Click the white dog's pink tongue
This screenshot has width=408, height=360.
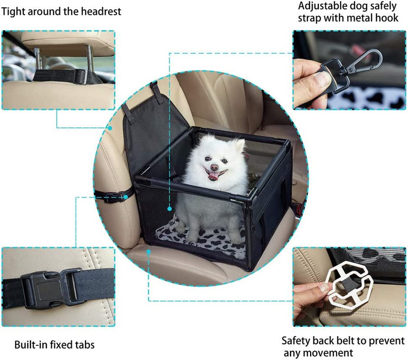coord(214,176)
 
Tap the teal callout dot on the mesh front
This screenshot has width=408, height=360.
coord(170,209)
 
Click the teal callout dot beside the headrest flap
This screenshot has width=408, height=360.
coord(110,128)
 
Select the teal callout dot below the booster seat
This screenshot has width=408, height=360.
coord(149,252)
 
